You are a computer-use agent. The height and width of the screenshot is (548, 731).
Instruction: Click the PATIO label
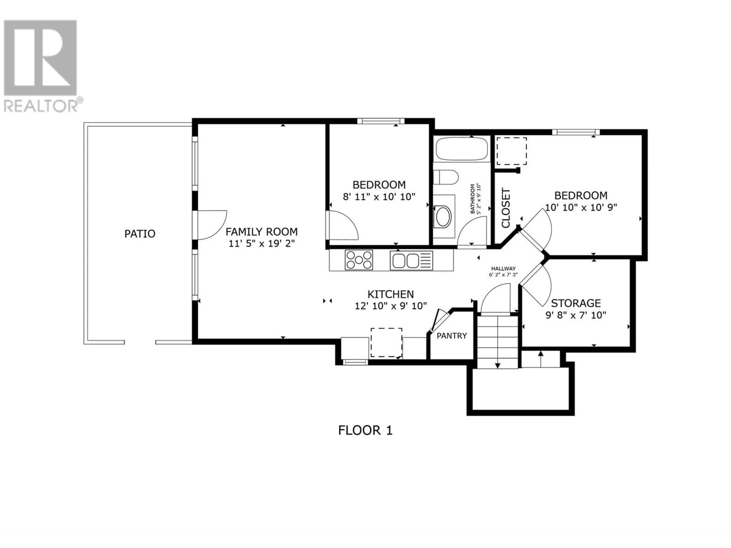140,234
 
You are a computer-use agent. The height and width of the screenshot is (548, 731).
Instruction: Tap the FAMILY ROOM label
261,232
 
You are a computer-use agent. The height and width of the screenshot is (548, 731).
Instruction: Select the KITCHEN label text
391,294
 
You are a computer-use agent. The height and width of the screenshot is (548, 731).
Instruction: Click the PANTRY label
452,336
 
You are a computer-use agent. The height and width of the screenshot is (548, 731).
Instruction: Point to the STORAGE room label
576,303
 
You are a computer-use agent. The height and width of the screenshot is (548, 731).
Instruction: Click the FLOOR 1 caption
365,430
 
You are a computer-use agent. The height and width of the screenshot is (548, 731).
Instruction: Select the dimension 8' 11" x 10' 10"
379,197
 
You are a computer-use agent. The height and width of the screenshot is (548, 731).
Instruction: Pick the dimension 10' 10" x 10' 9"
581,207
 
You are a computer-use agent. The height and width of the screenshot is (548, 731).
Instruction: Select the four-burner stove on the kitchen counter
359,260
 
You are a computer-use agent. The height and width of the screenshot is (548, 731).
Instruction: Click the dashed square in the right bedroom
512,151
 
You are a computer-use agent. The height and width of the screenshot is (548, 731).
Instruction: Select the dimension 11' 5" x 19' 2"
261,244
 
